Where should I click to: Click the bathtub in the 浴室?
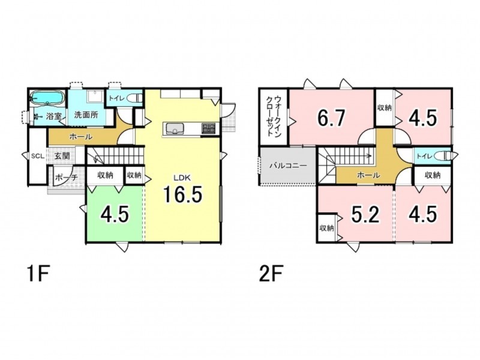47,98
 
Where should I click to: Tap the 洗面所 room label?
86,115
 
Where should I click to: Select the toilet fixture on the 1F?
135,98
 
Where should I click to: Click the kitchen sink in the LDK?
175,128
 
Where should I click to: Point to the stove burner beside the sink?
208,128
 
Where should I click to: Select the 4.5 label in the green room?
114,214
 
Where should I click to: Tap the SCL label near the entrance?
38,156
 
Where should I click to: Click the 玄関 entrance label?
62,156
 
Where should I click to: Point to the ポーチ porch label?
67,177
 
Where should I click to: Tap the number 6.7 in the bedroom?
331,118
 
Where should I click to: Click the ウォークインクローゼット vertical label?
274,116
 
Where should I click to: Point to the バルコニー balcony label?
288,166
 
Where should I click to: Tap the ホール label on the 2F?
368,175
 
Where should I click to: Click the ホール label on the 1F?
81,137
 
